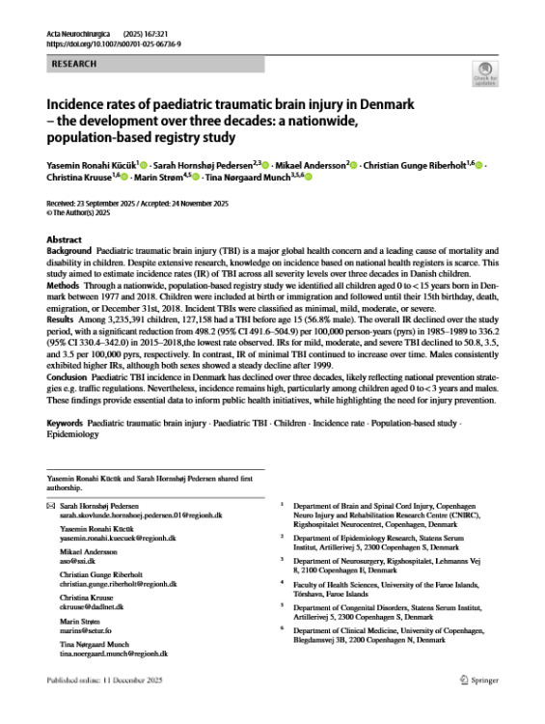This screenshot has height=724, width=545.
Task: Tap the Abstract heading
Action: (64, 238)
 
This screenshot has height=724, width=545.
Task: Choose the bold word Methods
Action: (65, 285)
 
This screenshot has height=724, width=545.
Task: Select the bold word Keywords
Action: (65, 424)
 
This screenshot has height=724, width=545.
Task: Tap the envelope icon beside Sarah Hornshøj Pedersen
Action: (50, 504)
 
